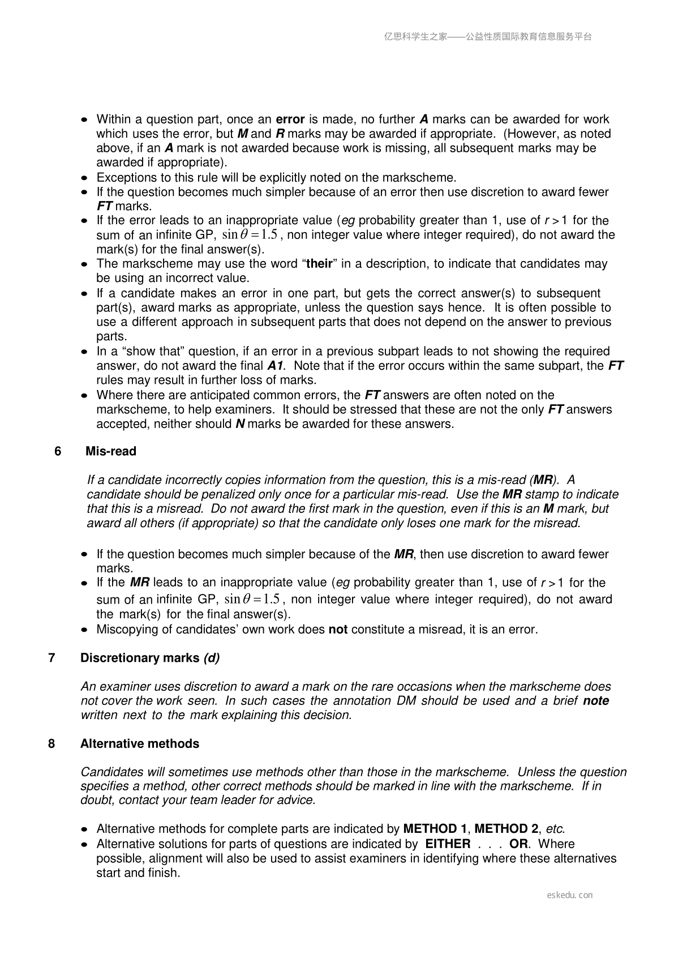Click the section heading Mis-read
[x=111, y=451]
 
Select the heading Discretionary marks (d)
[x=150, y=658]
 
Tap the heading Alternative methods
[x=140, y=743]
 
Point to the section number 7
[x=52, y=658]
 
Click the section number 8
[x=52, y=743]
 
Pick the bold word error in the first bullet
[x=290, y=119]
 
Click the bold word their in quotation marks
[x=319, y=264]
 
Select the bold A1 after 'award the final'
[x=275, y=366]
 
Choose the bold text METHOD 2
[x=506, y=829]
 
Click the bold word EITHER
[x=448, y=844]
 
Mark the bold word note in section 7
[x=596, y=701]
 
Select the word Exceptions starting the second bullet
[x=125, y=177]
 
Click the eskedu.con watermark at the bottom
[x=570, y=895]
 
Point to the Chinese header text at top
[x=488, y=37]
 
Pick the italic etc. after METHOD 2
[x=555, y=829]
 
